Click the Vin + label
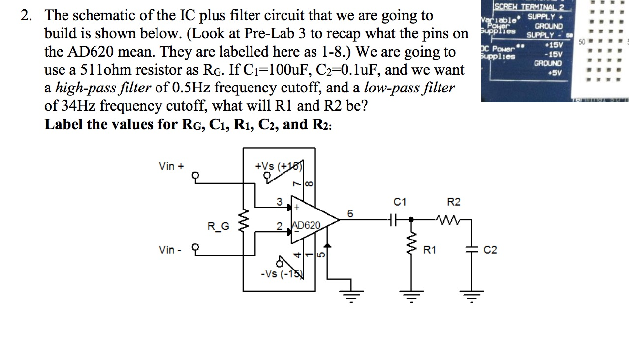171,166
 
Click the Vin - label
170,250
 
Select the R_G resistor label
218,226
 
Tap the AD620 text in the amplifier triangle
306,225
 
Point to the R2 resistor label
453,202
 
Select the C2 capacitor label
490,250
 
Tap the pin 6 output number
350,213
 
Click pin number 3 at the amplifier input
279,202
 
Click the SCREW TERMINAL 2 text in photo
526,7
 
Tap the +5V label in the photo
555,73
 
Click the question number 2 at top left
26,16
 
